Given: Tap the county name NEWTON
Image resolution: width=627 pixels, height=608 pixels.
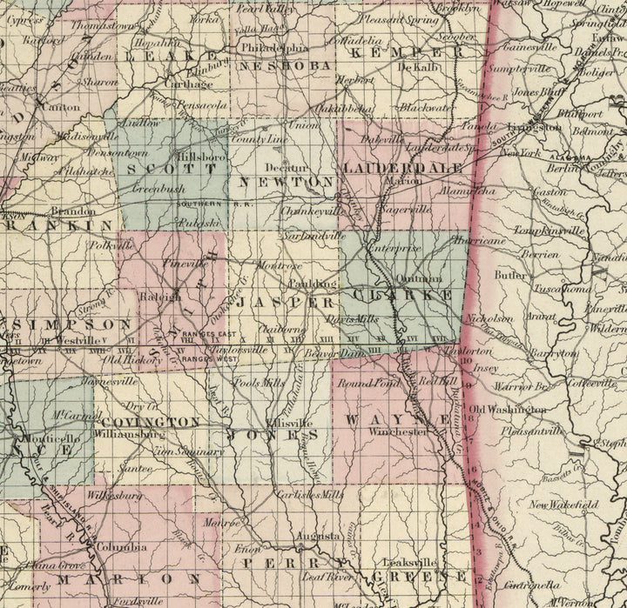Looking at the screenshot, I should pyautogui.click(x=286, y=183).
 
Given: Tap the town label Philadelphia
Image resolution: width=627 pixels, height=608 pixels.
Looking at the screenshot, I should pyautogui.click(x=274, y=47).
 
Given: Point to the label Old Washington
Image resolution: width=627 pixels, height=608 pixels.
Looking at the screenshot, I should pyautogui.click(x=507, y=409).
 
